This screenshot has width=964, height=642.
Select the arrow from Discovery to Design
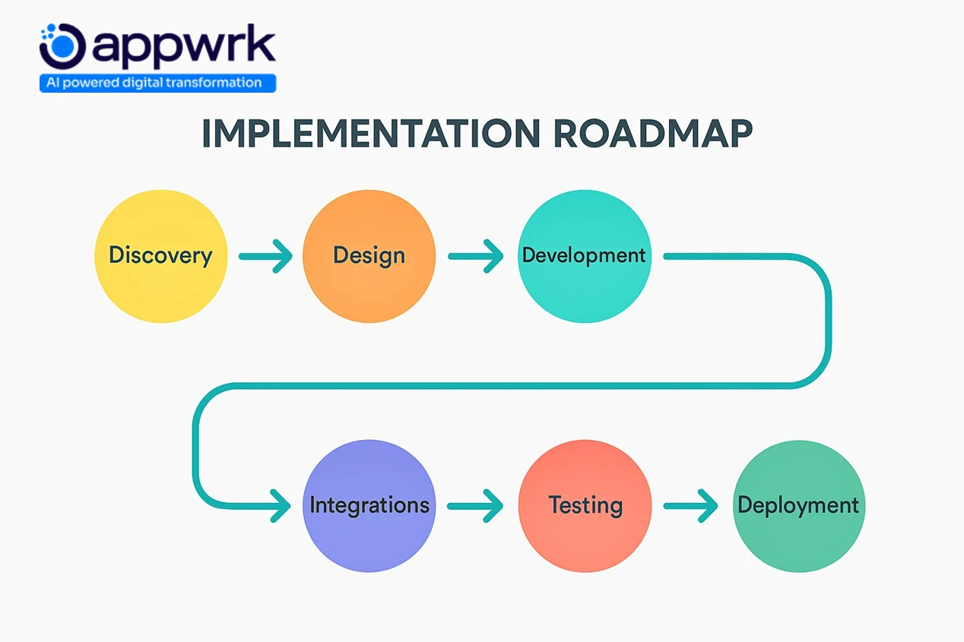pyautogui.click(x=265, y=256)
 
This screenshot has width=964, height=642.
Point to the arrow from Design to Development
pyautogui.click(x=475, y=256)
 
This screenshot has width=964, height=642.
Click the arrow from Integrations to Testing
pyautogui.click(x=475, y=505)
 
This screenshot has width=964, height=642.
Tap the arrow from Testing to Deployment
pyautogui.click(x=690, y=505)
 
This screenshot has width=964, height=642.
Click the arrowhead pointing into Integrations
pyautogui.click(x=280, y=505)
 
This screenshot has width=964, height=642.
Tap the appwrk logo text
pyautogui.click(x=182, y=47)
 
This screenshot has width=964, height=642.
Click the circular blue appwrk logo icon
pyautogui.click(x=62, y=46)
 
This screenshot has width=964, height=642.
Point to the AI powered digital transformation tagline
pyautogui.click(x=157, y=83)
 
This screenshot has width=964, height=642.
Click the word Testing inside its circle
pyautogui.click(x=585, y=505)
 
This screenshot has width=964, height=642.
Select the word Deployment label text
pyautogui.click(x=799, y=505)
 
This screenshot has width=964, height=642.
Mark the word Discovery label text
pyautogui.click(x=160, y=255)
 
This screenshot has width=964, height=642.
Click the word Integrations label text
pyautogui.click(x=369, y=505)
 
